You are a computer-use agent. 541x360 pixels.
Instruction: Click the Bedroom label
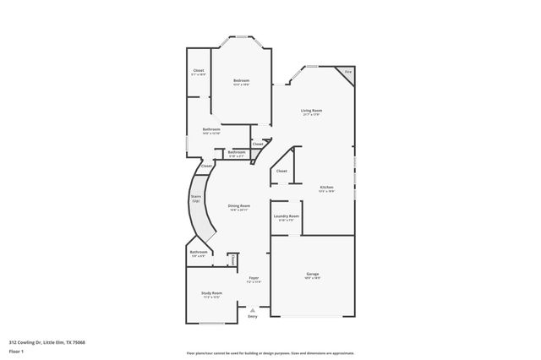[x=241, y=80]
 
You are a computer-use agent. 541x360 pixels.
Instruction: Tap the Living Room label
[x=312, y=111]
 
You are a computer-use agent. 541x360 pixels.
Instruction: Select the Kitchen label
[x=326, y=187]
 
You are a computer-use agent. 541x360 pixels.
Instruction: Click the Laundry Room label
[x=287, y=216]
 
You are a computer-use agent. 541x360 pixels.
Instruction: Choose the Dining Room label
[x=239, y=206]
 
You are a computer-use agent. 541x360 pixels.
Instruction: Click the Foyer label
[x=254, y=278]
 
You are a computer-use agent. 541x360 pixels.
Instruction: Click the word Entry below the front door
[x=253, y=317]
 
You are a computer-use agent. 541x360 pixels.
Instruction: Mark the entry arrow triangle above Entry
[x=253, y=310]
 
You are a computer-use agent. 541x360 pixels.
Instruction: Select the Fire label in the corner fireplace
[x=347, y=73]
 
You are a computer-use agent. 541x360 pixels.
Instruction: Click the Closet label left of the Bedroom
[x=199, y=70]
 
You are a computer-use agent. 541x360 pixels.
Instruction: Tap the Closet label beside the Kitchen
[x=281, y=171]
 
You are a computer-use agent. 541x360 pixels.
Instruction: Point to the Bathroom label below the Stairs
[x=199, y=252]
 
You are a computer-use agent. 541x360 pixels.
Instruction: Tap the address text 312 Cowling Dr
[x=47, y=342]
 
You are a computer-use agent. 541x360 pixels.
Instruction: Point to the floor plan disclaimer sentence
[x=270, y=352]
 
